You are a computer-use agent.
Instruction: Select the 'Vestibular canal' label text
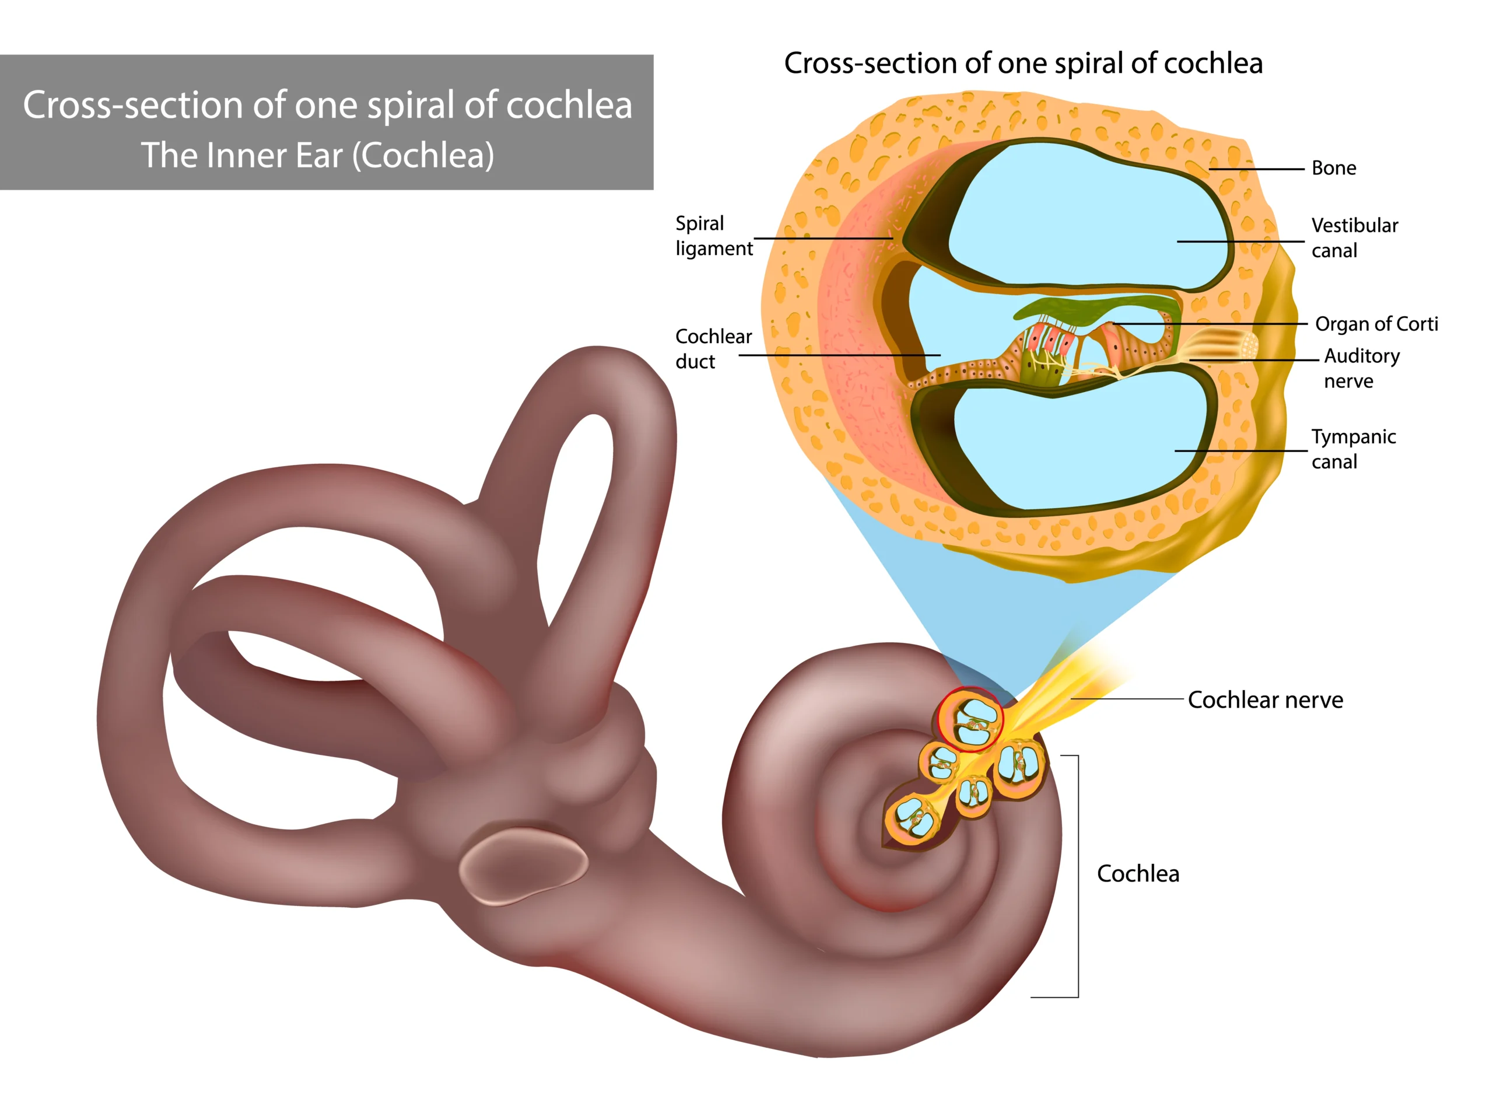click(x=1355, y=237)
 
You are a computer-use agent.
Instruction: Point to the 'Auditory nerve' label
click(x=1362, y=368)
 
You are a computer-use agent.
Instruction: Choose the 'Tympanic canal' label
click(x=1353, y=449)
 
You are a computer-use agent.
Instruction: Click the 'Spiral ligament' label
click(x=714, y=235)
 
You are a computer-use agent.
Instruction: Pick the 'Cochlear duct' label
click(x=713, y=349)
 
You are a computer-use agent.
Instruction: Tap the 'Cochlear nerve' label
click(x=1265, y=699)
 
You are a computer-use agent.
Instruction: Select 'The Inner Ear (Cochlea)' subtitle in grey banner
click(x=317, y=155)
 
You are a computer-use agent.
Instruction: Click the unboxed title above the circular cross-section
click(x=1023, y=63)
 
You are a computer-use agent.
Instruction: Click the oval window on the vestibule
click(x=524, y=865)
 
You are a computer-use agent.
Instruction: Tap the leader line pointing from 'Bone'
click(x=1256, y=169)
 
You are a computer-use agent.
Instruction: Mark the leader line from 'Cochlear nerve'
click(x=1127, y=699)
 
